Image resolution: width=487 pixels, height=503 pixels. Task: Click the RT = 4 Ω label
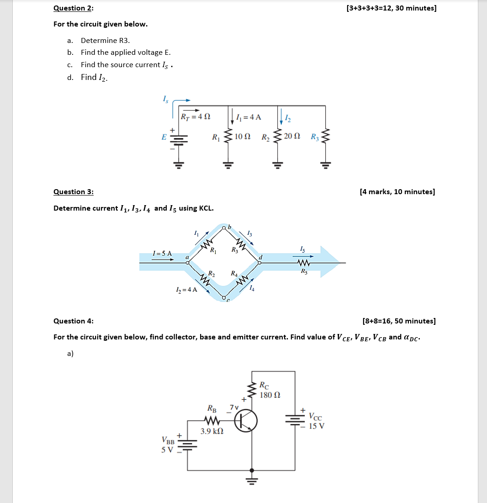(196, 116)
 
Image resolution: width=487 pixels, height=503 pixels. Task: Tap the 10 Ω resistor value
(242, 137)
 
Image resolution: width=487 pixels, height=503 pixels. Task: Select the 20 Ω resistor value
(292, 137)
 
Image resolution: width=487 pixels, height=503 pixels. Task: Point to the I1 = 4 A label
(250, 117)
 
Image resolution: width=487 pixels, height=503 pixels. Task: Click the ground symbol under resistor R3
(325, 165)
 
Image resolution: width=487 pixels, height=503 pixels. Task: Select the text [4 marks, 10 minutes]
(397, 191)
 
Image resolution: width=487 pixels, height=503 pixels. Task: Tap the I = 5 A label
(163, 253)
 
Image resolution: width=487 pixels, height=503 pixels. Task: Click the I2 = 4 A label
(186, 289)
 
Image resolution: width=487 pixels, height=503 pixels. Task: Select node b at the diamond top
(224, 227)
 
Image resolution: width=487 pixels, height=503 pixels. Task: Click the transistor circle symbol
(246, 420)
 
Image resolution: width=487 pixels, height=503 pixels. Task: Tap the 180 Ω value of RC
(270, 395)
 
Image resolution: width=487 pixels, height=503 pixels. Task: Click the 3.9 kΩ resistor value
(212, 431)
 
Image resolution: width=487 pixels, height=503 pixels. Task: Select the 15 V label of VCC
(317, 426)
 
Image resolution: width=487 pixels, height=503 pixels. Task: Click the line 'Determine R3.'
(102, 40)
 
